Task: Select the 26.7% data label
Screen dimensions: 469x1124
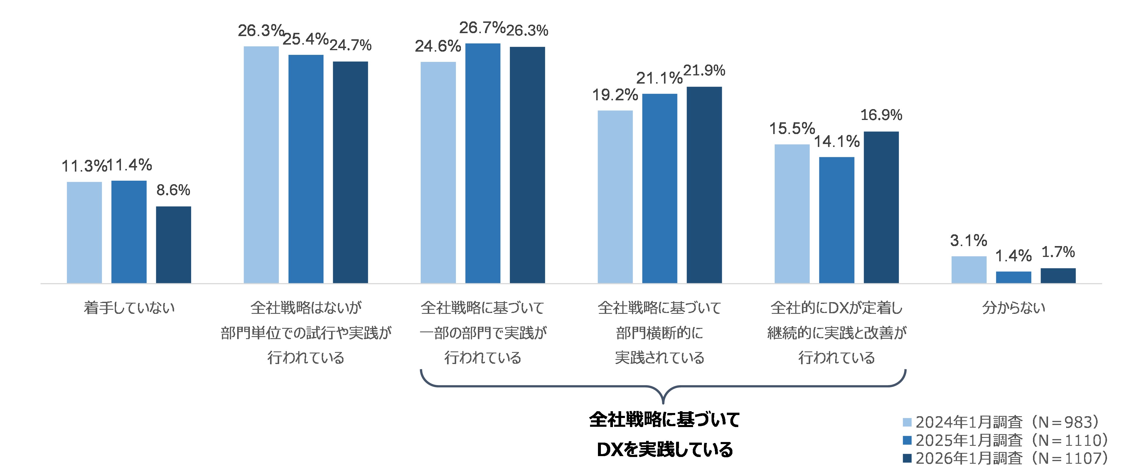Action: click(x=482, y=28)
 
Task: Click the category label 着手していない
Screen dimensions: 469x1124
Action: click(x=129, y=308)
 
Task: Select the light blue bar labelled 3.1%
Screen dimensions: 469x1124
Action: click(x=969, y=270)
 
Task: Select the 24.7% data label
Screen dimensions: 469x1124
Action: click(x=350, y=45)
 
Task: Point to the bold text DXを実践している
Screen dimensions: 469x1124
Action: click(x=665, y=449)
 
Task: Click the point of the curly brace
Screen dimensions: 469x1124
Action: click(x=663, y=402)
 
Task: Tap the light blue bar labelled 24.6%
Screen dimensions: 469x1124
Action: click(x=438, y=172)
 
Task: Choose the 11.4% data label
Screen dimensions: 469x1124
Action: click(x=129, y=165)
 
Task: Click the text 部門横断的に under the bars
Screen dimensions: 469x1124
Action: click(x=659, y=333)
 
